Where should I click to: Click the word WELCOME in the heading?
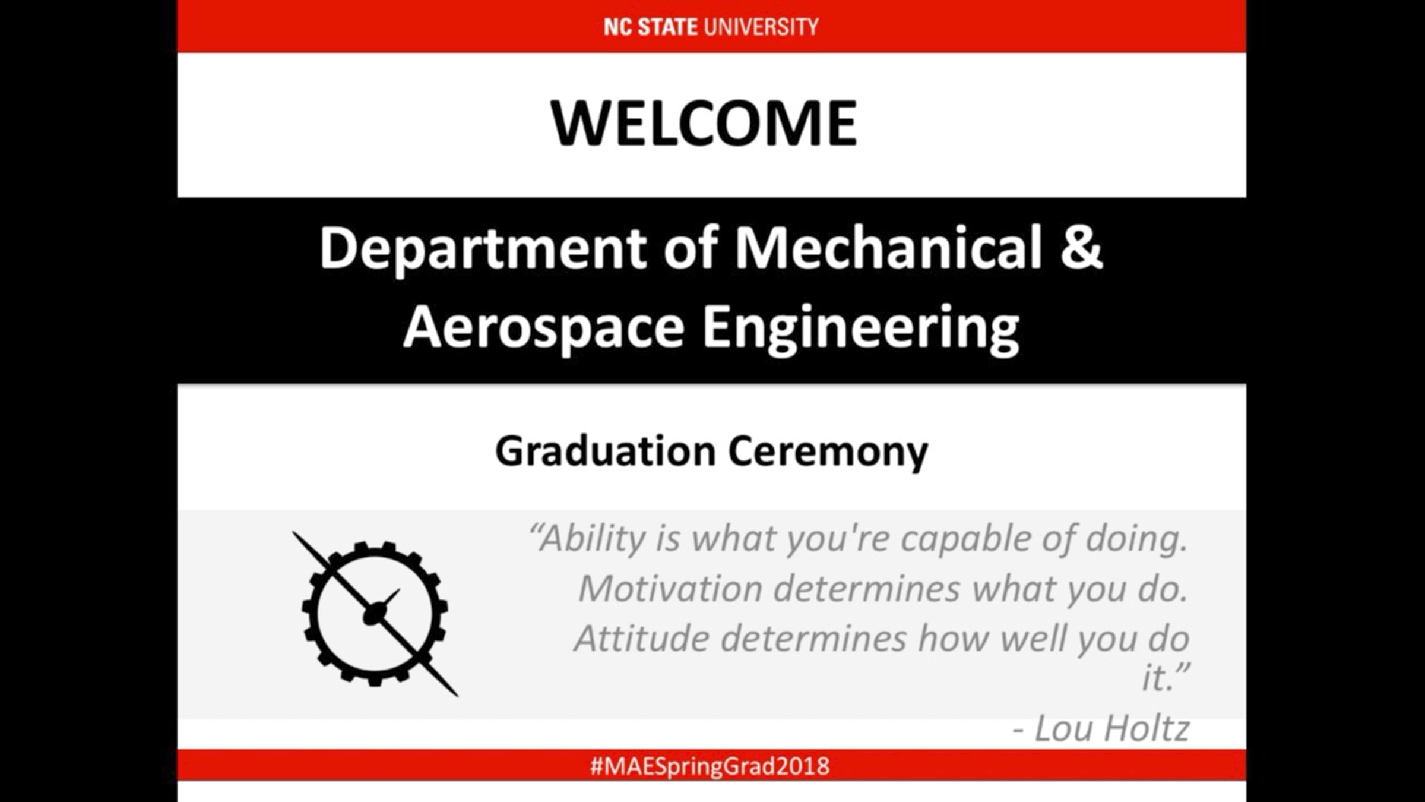click(704, 123)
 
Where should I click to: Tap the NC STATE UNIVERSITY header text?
click(711, 27)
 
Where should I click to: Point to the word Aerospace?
click(544, 329)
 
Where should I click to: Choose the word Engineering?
click(861, 329)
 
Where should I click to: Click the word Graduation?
click(605, 451)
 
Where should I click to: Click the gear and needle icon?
click(375, 614)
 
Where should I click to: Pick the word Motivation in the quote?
click(670, 588)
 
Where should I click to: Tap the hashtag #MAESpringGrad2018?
click(710, 766)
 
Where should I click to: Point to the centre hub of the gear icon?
click(375, 614)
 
